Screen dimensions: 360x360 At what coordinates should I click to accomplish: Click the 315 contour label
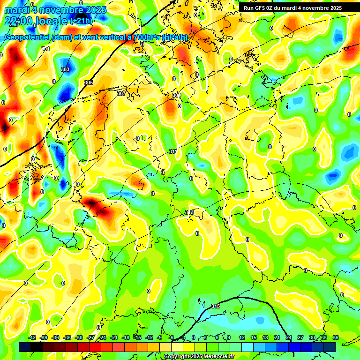pyautogui.click(x=216, y=306)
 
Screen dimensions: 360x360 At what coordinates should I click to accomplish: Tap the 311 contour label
pyautogui.click(x=173, y=151)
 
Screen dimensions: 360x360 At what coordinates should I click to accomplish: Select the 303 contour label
pyautogui.click(x=65, y=69)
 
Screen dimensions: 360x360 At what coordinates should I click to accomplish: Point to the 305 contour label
pyautogui.click(x=88, y=82)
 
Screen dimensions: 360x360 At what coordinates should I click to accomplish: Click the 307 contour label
pyautogui.click(x=121, y=93)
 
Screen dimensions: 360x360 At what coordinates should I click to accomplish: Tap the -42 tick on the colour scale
pyautogui.click(x=32, y=337)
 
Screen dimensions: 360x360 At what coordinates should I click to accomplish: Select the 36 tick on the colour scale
pyautogui.click(x=335, y=337)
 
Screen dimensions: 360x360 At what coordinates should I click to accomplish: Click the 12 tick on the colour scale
pyautogui.click(x=242, y=337)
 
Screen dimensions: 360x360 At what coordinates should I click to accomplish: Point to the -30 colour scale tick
pyautogui.click(x=79, y=337)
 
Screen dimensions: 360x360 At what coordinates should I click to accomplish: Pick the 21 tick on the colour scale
pyautogui.click(x=277, y=337)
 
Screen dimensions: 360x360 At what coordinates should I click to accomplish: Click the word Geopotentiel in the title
pyautogui.click(x=27, y=37)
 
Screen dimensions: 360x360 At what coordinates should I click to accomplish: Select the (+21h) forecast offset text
pyautogui.click(x=81, y=21)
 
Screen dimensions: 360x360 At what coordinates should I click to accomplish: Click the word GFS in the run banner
pyautogui.click(x=261, y=8)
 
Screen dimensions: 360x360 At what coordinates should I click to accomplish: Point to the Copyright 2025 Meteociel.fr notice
pyautogui.click(x=199, y=356)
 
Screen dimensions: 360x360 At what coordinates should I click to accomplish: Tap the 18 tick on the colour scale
pyautogui.click(x=265, y=337)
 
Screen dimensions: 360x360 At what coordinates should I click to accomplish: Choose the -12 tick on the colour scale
pyautogui.click(x=149, y=337)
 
